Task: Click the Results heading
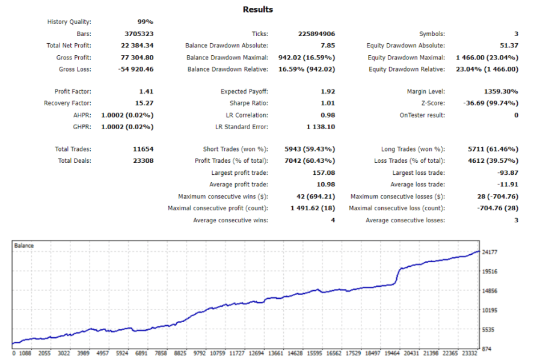[257, 10]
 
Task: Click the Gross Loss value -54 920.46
[137, 69]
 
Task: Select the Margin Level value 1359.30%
[500, 92]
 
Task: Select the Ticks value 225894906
[316, 34]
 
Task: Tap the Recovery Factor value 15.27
[144, 103]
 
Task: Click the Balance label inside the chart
[25, 246]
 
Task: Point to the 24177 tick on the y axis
[491, 252]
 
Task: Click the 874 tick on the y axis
[487, 349]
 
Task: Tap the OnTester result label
[422, 115]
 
